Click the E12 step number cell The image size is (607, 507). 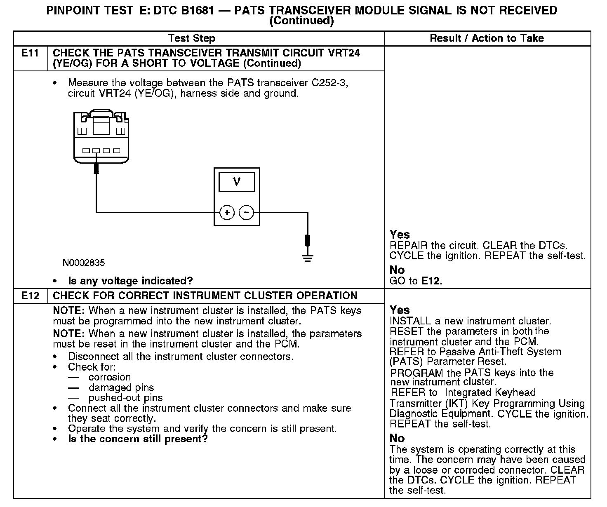[x=30, y=296]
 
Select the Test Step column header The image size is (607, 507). [x=192, y=38]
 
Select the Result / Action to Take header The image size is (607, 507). [x=487, y=38]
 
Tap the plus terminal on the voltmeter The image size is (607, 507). [x=227, y=213]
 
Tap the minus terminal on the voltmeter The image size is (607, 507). [x=247, y=213]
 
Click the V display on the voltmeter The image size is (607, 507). [x=237, y=182]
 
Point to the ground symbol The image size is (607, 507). [x=308, y=258]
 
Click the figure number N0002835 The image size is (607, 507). [x=84, y=263]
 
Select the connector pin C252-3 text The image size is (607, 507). [x=330, y=83]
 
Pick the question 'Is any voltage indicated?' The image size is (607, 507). [x=130, y=281]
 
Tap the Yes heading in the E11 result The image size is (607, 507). [x=400, y=235]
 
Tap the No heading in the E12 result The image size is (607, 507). [x=397, y=438]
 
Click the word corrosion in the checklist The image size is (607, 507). [x=110, y=377]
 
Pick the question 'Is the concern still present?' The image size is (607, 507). [x=138, y=439]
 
